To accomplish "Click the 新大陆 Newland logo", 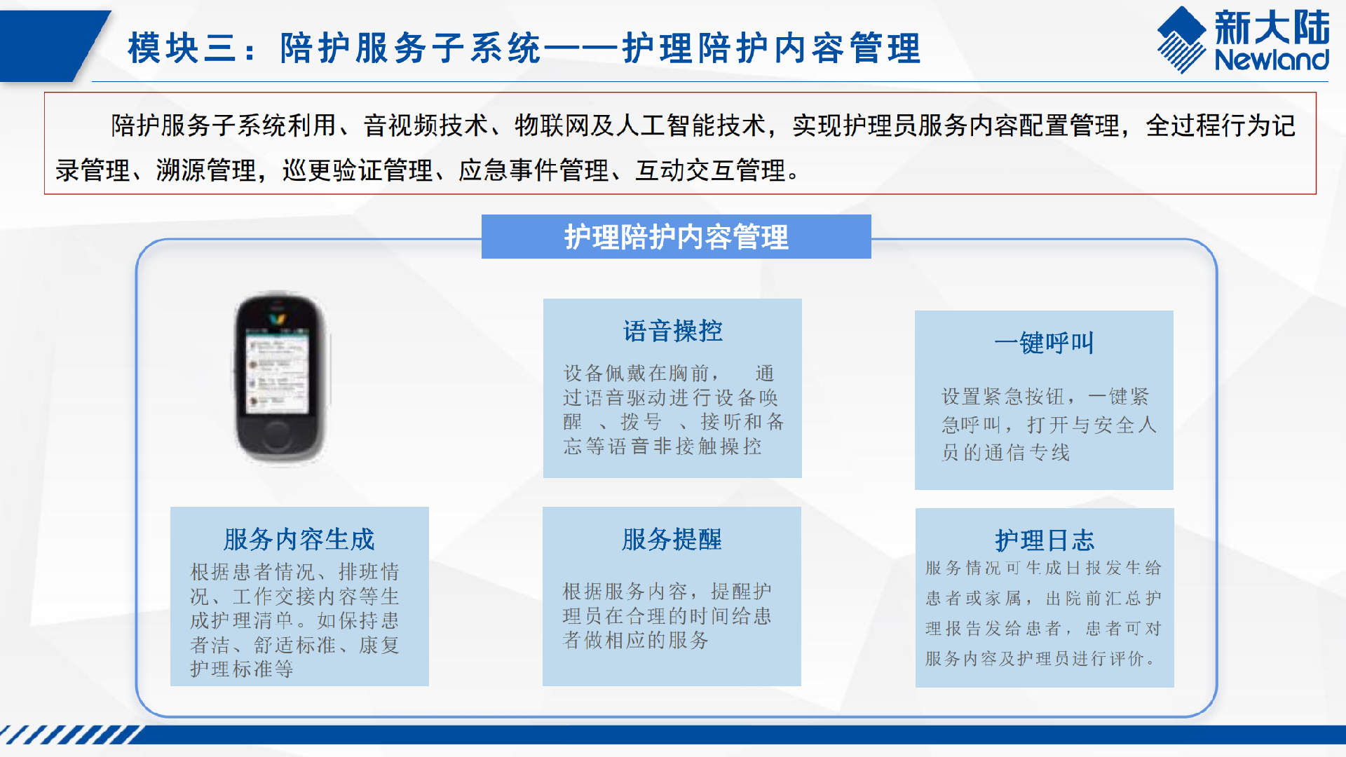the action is coord(1243,40).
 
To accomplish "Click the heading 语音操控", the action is coord(672,331).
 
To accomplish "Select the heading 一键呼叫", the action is coord(1044,343).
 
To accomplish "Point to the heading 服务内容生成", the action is coord(299,539).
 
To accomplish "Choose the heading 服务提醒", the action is coord(672,539).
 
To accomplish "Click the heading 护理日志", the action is coord(1045,540).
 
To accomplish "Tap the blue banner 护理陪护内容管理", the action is coord(677,237).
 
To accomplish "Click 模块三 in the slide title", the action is coord(182,48).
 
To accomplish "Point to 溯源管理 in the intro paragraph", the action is coord(206,170).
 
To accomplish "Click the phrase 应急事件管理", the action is coord(533,170).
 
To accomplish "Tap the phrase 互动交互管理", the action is coord(710,170).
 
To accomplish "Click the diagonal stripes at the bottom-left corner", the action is coord(70,735).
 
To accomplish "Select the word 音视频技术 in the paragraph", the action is coord(426,125).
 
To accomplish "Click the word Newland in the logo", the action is coord(1272,60).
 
